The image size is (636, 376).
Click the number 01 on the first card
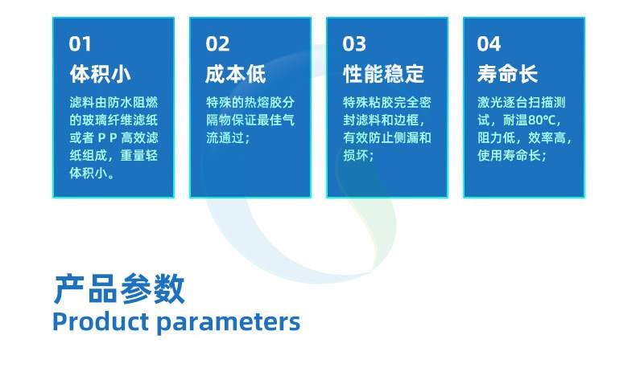click(x=81, y=43)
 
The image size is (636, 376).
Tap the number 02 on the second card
click(x=217, y=43)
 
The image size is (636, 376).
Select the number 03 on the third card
click(x=354, y=43)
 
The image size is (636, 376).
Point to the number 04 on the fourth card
click(x=489, y=43)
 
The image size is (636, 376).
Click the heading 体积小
click(x=100, y=75)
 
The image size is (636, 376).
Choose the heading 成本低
click(x=236, y=75)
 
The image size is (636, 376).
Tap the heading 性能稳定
click(x=383, y=75)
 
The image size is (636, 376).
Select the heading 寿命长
click(x=507, y=75)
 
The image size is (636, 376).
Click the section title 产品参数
click(x=119, y=288)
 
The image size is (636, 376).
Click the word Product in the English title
click(x=100, y=322)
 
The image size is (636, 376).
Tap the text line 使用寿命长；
click(x=513, y=156)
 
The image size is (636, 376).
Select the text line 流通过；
click(x=228, y=138)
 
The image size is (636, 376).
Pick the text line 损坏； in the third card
click(x=360, y=156)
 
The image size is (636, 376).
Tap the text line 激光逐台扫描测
click(x=522, y=103)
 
